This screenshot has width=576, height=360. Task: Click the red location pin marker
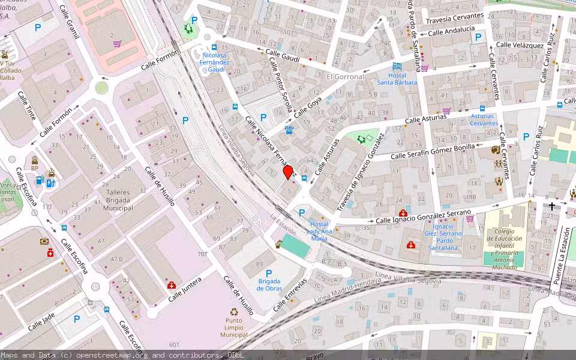pos(288,172)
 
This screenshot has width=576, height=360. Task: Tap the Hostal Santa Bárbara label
pos(397,79)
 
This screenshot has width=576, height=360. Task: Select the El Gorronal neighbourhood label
pos(345,77)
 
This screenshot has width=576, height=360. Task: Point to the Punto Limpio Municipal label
pos(234,328)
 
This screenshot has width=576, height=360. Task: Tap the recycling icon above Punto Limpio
pos(234,312)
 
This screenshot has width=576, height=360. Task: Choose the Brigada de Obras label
pos(269,284)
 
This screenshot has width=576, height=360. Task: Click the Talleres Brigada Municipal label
pos(118,200)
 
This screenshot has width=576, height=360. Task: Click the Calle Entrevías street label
pos(290,295)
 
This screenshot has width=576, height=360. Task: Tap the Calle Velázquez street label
pos(520,45)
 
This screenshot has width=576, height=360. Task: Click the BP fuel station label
pos(35,169)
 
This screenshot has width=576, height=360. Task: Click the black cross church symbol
pos(551,206)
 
